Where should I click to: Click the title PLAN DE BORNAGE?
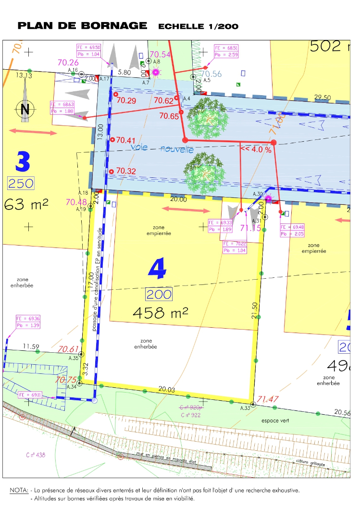tap(82, 25)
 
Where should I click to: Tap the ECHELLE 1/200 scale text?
tap(198, 26)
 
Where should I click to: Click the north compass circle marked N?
tap(25, 109)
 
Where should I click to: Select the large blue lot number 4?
tap(157, 269)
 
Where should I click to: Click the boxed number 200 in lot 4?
tap(159, 294)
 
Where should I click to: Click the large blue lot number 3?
tap(23, 161)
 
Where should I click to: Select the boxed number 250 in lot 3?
tap(21, 183)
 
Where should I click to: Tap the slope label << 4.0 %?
tap(256, 149)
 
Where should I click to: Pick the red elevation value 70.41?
tap(125, 140)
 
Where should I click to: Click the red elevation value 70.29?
tap(126, 100)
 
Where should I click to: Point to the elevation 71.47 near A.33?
tap(268, 399)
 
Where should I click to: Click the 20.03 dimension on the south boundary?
tap(166, 389)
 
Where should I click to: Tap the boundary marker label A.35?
tap(73, 358)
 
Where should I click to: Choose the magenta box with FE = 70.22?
tap(235, 247)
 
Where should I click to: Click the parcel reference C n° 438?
tap(36, 455)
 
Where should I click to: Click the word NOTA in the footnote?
tap(19, 491)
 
